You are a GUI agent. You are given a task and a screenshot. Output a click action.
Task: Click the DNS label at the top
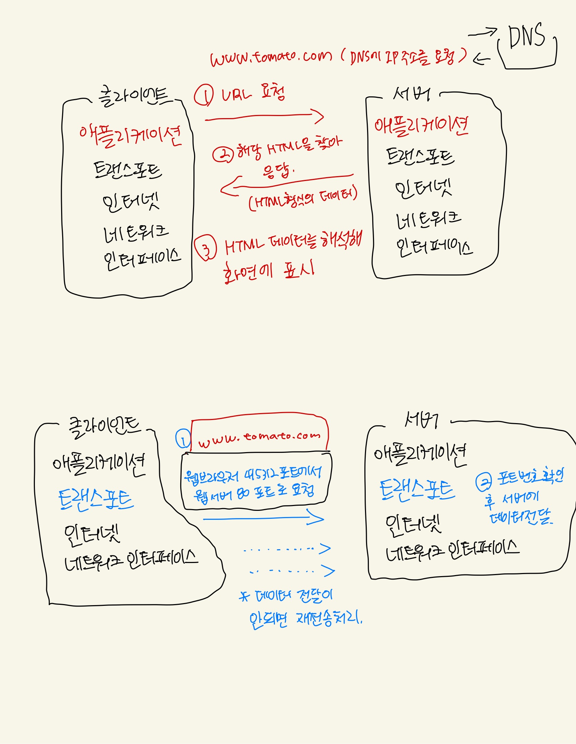(526, 36)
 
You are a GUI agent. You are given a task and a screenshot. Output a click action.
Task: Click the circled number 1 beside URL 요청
(203, 95)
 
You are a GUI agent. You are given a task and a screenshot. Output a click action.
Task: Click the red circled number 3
(206, 248)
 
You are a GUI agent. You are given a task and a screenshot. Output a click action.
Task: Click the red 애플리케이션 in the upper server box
(421, 126)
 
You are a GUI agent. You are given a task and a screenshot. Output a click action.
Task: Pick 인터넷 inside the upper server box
(423, 189)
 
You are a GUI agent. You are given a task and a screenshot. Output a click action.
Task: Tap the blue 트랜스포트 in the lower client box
(96, 499)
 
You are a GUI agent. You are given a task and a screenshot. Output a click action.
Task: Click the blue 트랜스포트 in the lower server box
(417, 490)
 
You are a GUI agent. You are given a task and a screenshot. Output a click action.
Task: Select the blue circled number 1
(183, 439)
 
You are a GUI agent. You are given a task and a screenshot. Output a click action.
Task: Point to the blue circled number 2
(484, 482)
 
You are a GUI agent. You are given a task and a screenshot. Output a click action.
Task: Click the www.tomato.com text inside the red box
(259, 438)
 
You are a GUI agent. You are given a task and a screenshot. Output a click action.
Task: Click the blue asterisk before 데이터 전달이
(244, 597)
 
